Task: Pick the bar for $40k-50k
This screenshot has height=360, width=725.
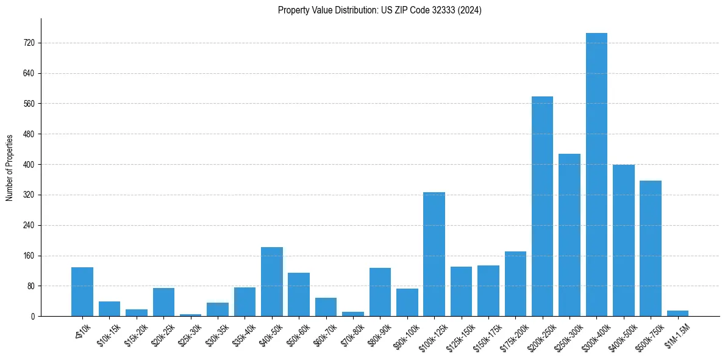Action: point(272,281)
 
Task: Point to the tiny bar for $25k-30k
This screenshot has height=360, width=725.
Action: point(190,315)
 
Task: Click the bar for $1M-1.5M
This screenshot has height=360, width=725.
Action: point(677,313)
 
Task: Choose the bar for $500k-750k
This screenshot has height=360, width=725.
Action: point(651,248)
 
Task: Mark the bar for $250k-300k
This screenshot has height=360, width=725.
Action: point(570,235)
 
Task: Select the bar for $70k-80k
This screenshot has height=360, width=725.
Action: point(353,314)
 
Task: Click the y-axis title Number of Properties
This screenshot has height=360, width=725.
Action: point(9,168)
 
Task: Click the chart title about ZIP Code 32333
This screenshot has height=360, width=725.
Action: point(379,10)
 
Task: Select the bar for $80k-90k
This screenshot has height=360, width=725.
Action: point(380,292)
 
